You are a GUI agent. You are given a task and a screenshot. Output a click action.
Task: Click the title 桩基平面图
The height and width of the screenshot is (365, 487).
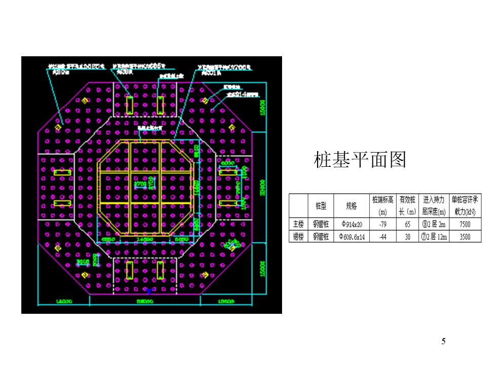tap(360, 160)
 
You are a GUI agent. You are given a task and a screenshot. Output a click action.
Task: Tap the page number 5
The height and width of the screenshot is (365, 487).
tap(443, 341)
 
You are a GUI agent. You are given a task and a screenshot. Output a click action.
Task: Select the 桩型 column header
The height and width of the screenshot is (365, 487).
tap(321, 206)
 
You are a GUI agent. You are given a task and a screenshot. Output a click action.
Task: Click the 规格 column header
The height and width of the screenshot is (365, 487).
tap(352, 206)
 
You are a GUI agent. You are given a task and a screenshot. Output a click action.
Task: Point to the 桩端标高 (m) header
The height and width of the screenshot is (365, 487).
tap(383, 206)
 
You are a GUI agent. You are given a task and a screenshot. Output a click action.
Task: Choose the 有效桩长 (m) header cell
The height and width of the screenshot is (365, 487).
tap(407, 206)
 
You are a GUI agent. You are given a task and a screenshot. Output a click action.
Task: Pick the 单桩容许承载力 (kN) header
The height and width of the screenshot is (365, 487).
tap(465, 206)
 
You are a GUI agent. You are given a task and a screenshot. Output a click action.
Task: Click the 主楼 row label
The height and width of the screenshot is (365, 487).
tap(298, 224)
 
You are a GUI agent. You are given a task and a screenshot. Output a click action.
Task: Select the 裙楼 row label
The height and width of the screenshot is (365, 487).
tap(298, 236)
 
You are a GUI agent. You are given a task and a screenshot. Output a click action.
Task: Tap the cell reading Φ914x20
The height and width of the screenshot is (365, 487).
tap(352, 224)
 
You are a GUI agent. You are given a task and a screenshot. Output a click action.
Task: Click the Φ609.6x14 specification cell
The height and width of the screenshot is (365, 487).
tap(352, 236)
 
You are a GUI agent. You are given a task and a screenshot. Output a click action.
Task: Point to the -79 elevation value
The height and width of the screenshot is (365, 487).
tap(383, 224)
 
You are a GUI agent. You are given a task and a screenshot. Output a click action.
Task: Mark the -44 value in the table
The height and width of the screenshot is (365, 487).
tap(383, 236)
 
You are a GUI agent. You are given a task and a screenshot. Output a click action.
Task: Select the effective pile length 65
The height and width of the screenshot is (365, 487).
tap(407, 224)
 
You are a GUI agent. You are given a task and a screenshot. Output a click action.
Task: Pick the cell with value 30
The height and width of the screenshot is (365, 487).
tap(407, 236)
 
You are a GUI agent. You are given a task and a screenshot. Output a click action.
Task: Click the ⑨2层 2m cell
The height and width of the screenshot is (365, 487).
tap(434, 224)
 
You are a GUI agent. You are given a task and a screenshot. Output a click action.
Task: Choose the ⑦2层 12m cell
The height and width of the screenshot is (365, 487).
tap(434, 236)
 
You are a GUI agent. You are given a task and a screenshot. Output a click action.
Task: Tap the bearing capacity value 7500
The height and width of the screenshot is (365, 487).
tap(465, 224)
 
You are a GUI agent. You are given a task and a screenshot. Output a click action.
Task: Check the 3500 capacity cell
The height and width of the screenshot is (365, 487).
tap(465, 236)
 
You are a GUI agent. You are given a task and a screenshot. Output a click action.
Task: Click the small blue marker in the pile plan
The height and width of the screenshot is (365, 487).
tap(148, 291)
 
